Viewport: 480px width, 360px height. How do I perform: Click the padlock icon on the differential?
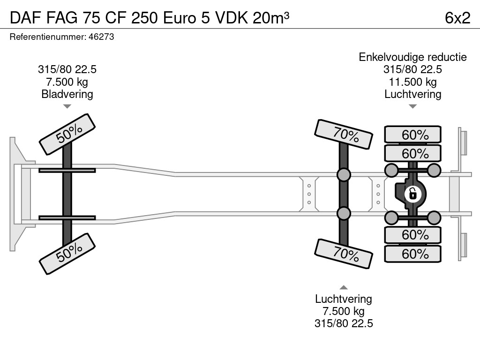click(412, 193)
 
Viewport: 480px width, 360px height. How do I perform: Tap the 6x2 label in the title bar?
click(457, 17)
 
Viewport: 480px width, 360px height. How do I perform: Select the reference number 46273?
click(101, 37)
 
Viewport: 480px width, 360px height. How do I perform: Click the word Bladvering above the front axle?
click(67, 94)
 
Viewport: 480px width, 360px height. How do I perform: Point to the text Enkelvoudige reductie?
click(412, 57)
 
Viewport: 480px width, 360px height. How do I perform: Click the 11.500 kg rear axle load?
click(412, 82)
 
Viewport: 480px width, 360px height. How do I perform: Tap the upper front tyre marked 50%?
click(67, 134)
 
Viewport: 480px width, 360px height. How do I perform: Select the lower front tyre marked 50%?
click(67, 254)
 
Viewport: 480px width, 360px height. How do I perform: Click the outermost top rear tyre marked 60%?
click(413, 135)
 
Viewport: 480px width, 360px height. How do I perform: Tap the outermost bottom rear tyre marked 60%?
click(413, 254)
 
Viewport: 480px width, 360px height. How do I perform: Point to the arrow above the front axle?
click(67, 106)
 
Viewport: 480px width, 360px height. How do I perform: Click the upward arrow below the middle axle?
click(344, 287)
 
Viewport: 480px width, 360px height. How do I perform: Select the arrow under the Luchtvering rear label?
click(412, 106)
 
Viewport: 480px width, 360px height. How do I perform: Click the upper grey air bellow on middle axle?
click(344, 175)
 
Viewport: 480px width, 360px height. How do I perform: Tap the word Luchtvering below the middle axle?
click(344, 299)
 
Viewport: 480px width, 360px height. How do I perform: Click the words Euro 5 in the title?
click(186, 17)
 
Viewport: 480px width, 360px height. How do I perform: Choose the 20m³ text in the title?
click(271, 17)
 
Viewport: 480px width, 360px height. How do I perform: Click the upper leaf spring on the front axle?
click(67, 171)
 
